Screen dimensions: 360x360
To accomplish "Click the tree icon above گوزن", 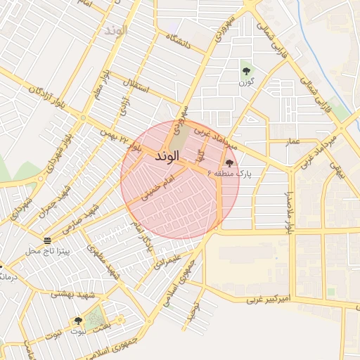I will (x=245, y=71).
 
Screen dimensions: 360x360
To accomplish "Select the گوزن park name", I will (x=245, y=83).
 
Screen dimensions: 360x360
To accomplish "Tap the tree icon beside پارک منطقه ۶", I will (x=229, y=163).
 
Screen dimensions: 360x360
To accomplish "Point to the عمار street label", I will (x=293, y=143).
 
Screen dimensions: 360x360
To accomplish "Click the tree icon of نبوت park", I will (x=78, y=321).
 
